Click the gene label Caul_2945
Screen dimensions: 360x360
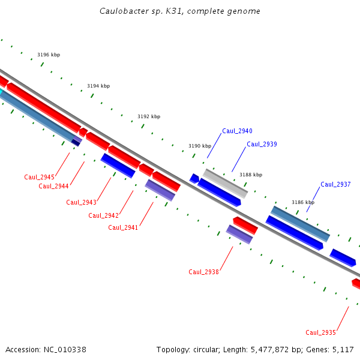[x=39, y=177]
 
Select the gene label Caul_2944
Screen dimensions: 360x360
[x=53, y=186]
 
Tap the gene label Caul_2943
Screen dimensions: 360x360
[x=81, y=202]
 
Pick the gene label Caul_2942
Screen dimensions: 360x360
[x=103, y=215]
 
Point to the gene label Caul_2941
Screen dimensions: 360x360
[x=123, y=227]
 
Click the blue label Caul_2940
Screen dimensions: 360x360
[x=237, y=131]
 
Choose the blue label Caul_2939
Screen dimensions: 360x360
[x=262, y=144]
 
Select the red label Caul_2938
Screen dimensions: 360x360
[x=203, y=272]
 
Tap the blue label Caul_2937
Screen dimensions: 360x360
[x=335, y=184]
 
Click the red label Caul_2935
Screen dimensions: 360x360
[x=320, y=332]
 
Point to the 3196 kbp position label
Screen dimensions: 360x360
[x=49, y=55]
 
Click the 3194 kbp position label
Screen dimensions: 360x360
[x=98, y=86]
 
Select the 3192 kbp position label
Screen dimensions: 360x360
[x=149, y=116]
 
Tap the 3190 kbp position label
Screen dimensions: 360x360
[x=200, y=146]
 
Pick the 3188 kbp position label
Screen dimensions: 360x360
[x=251, y=175]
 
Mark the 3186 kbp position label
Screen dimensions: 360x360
[x=303, y=203]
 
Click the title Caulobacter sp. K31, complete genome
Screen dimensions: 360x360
[x=180, y=11]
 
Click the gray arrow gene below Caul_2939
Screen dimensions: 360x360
[x=225, y=183]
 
